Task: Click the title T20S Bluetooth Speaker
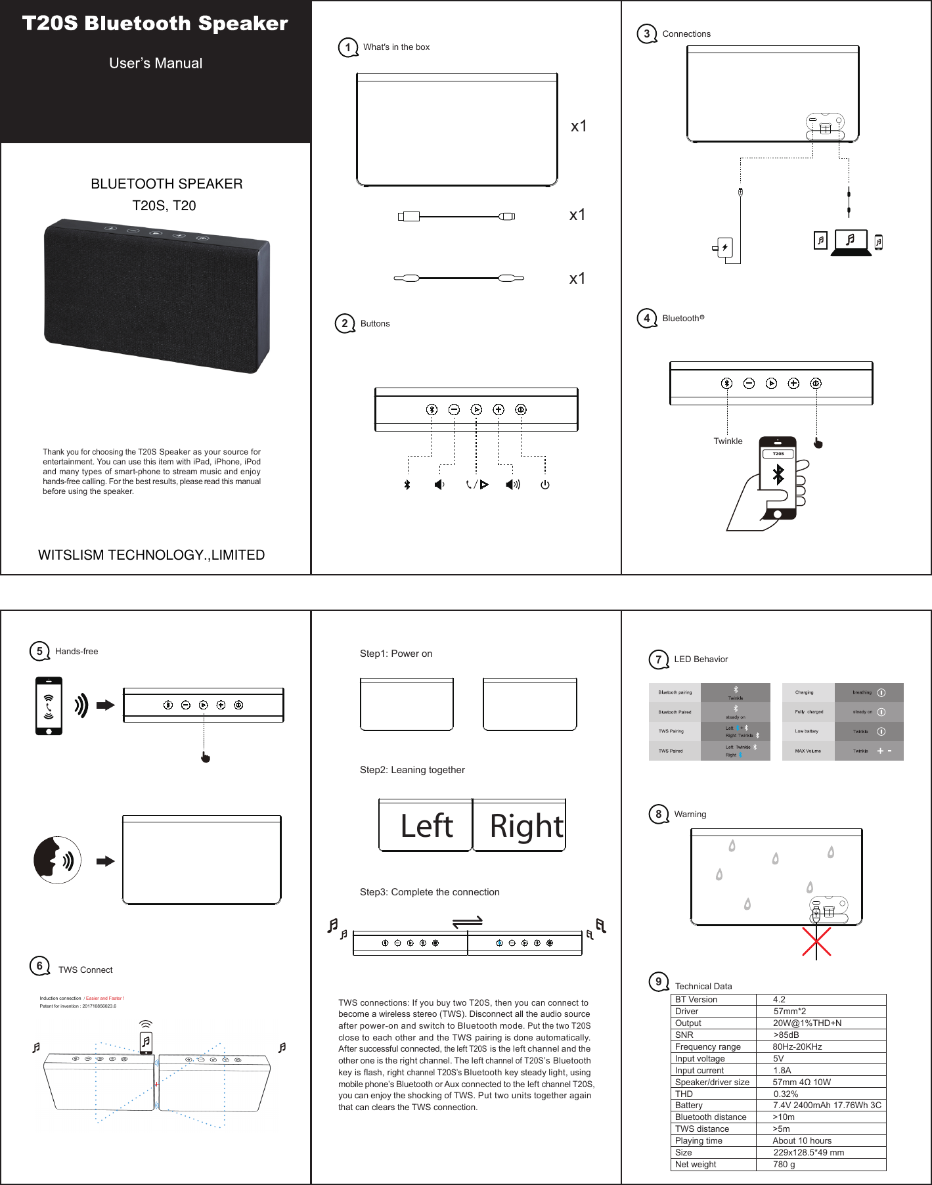[x=155, y=24]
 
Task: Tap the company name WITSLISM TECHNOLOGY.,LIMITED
[x=152, y=555]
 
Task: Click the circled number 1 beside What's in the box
[x=347, y=47]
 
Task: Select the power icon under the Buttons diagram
[x=544, y=485]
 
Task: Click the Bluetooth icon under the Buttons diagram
[x=407, y=485]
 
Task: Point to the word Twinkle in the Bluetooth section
[x=728, y=441]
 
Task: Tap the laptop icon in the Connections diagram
[x=851, y=242]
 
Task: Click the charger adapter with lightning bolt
[x=724, y=248]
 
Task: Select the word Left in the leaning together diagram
[x=427, y=826]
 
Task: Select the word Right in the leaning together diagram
[x=526, y=826]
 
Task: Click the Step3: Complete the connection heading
[x=430, y=892]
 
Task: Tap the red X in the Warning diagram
[x=816, y=941]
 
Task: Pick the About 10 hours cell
[x=802, y=1141]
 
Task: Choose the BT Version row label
[x=696, y=1000]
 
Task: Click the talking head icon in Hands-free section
[x=57, y=860]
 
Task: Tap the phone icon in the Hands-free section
[x=49, y=705]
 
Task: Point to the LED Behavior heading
[x=701, y=660]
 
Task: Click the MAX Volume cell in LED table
[x=808, y=751]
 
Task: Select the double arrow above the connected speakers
[x=468, y=922]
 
